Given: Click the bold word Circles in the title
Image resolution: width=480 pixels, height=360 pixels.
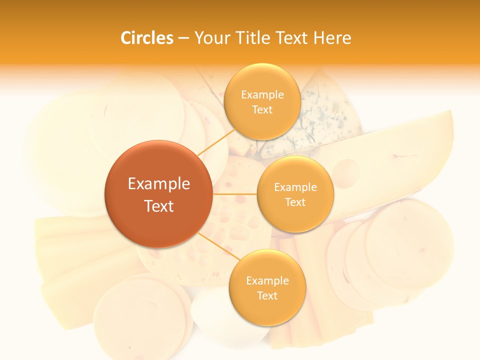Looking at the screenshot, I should click(146, 38).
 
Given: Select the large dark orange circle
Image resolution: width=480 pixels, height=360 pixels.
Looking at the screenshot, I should click(158, 194).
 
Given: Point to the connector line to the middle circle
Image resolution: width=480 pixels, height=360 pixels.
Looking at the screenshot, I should click(234, 193).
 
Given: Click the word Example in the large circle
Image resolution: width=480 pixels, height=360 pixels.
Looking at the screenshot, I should click(159, 183).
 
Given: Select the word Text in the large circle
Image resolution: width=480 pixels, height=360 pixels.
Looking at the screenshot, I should click(159, 206).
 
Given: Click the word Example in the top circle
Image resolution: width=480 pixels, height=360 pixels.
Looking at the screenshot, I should click(262, 94).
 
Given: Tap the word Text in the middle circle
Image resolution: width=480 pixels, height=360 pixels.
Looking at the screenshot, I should click(295, 202).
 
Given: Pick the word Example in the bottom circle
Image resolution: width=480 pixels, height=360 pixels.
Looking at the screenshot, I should click(267, 280).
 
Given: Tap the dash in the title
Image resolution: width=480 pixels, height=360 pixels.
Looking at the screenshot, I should click(183, 38).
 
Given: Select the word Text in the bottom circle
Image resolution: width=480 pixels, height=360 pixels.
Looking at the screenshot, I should click(267, 295).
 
